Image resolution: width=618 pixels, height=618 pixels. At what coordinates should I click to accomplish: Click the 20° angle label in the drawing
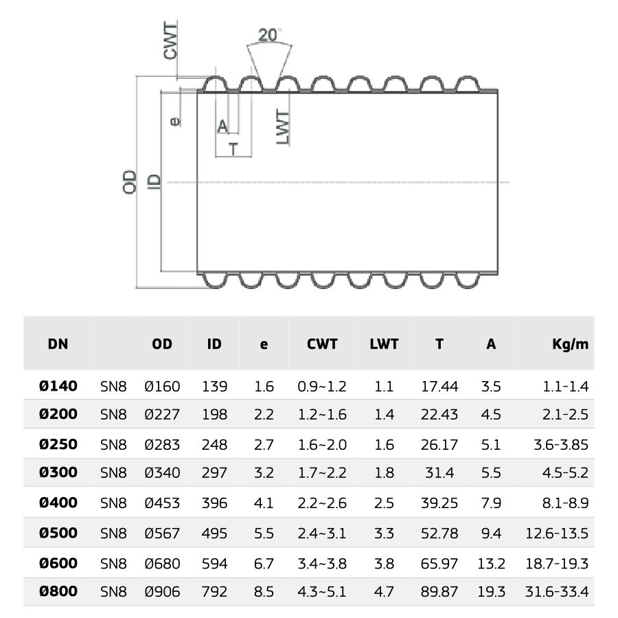pos(270,35)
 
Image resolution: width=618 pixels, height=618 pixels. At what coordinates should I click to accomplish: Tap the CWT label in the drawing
pos(171,41)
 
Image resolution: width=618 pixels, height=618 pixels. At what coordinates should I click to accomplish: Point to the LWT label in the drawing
pos(283,127)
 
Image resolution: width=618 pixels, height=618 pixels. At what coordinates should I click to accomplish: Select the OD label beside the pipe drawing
pos(130,182)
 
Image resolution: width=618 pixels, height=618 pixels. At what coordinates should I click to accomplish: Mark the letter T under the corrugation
pos(233,150)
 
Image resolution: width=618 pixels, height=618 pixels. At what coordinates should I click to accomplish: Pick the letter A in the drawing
pos(222,126)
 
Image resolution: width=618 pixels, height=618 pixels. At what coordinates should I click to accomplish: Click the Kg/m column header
pos(571,344)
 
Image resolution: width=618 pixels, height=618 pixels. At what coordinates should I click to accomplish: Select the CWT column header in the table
pos(322,344)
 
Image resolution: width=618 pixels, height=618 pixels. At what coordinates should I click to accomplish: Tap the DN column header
pos(58,344)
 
